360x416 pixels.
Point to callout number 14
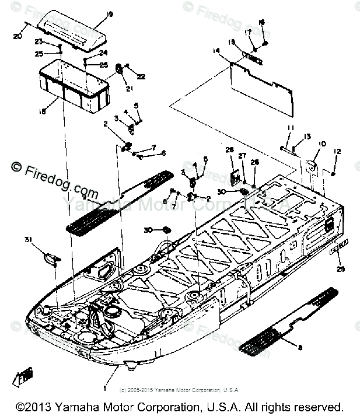coord(216,52)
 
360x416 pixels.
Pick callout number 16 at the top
coord(261,23)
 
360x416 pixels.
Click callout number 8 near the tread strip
coord(300,347)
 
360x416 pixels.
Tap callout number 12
coord(337,152)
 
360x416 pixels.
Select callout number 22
coord(141,76)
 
